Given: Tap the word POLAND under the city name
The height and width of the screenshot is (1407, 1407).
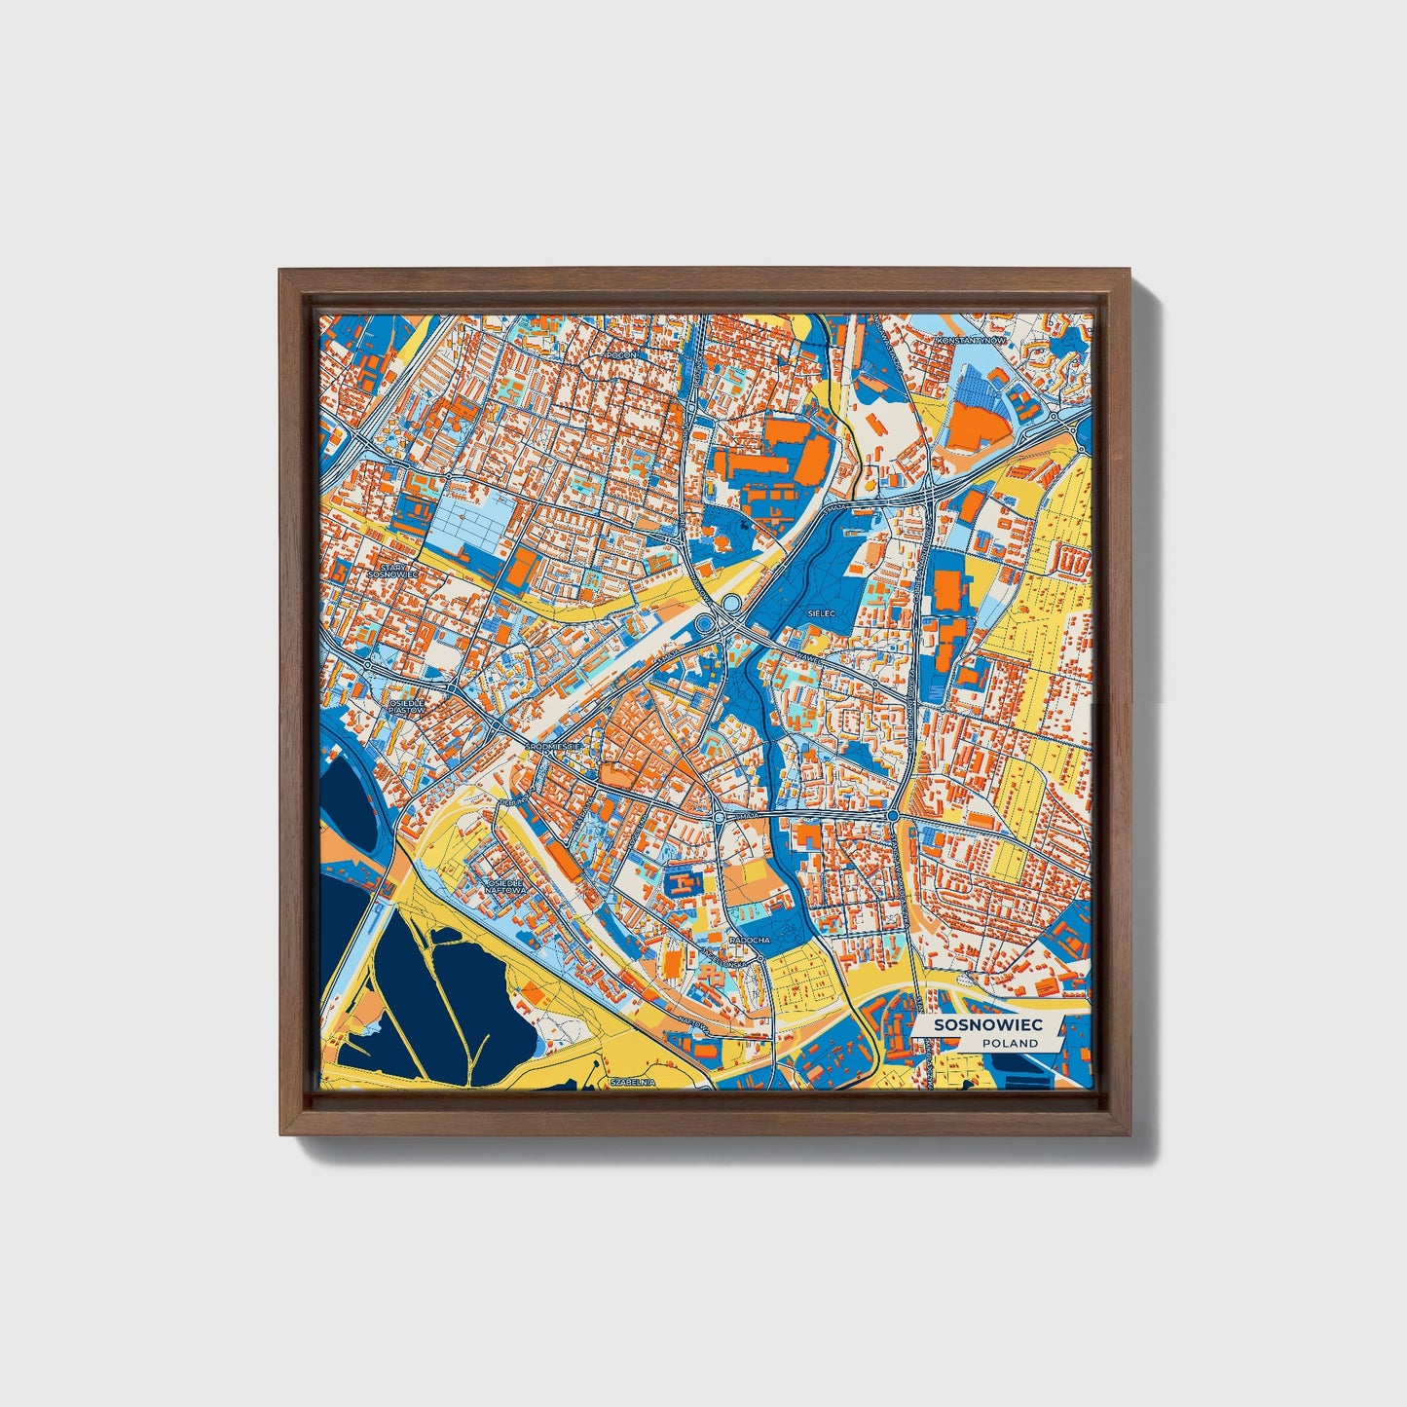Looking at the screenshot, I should [1010, 1043].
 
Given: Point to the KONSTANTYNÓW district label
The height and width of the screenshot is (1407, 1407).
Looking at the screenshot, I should [969, 341].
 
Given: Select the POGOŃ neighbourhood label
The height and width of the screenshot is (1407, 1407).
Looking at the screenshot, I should [620, 355].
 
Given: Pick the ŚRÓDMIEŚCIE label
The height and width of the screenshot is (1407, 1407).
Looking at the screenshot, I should [553, 746].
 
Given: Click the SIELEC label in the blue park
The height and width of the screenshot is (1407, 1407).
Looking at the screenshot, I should [822, 613].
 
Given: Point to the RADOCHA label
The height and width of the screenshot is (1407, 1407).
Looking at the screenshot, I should [750, 941].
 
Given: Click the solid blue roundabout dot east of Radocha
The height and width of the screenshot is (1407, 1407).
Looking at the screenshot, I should [893, 814].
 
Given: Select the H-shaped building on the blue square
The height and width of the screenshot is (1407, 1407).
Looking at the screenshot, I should [685, 884].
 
